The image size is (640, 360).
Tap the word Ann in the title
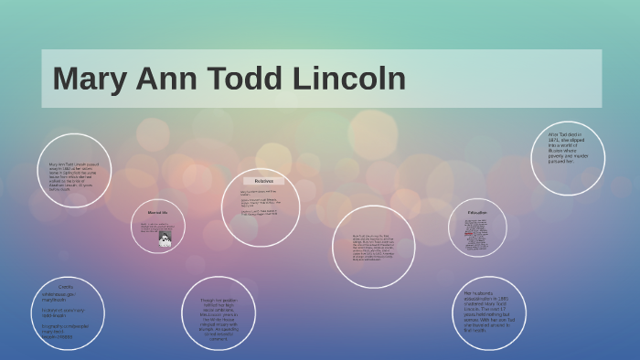click(x=171, y=79)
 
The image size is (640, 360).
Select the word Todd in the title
click(x=254, y=79)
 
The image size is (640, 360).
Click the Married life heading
click(x=158, y=213)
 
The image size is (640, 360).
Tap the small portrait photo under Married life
click(x=165, y=239)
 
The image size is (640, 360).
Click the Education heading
click(x=477, y=213)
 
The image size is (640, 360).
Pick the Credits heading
click(x=66, y=287)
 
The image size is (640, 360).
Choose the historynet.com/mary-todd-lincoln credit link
click(x=64, y=313)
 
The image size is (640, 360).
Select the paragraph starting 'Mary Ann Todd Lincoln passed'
click(x=74, y=176)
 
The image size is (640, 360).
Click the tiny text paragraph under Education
click(x=476, y=235)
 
